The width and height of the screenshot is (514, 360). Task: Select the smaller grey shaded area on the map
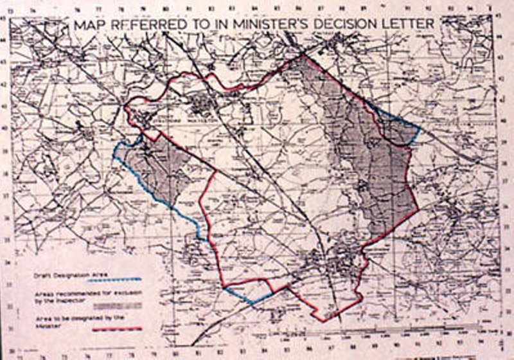click(161, 170)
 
